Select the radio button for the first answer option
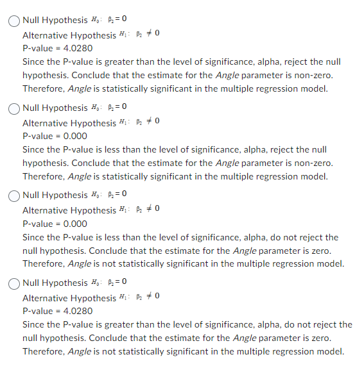[15, 21]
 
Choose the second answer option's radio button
[15, 108]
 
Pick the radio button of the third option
[15, 195]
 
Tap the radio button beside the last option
[15, 283]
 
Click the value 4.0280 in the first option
[78, 49]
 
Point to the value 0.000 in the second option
[75, 137]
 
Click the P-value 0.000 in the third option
[75, 224]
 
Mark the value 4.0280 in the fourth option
[78, 312]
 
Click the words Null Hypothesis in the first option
[55, 21]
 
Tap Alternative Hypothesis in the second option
[69, 122]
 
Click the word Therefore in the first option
[43, 88]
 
